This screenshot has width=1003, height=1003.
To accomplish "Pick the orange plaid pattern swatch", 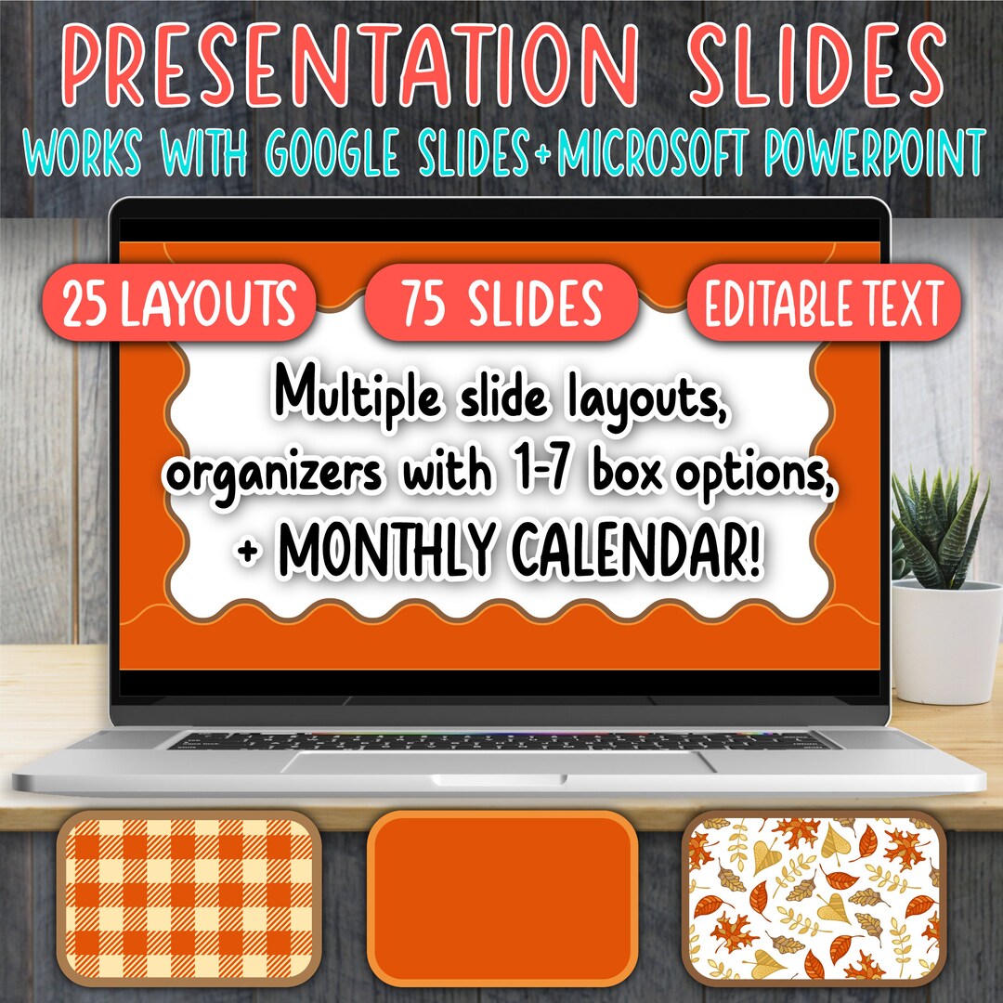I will pyautogui.click(x=189, y=901).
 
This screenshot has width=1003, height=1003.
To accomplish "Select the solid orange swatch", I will pyautogui.click(x=501, y=901).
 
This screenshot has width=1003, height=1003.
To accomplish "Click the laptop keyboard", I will pyautogui.click(x=501, y=740).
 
